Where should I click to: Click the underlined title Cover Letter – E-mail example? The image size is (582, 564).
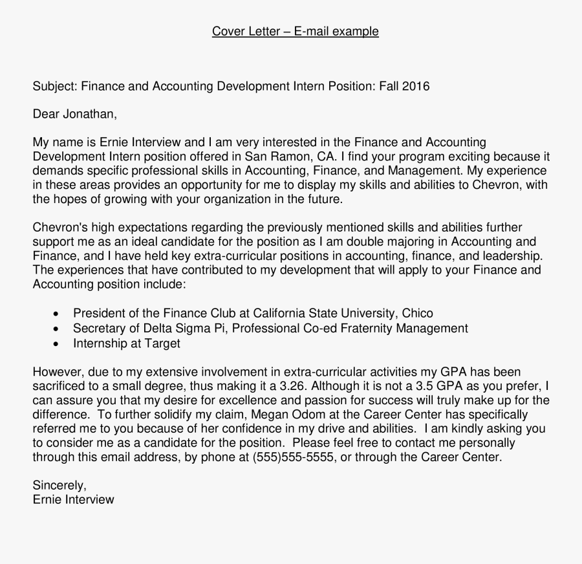295,31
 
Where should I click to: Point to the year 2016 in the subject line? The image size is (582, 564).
415,86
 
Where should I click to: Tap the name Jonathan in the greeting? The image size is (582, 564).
89,114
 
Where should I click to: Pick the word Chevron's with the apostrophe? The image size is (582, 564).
59,228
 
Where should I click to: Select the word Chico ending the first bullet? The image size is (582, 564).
418,313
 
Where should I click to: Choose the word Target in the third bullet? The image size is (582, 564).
162,343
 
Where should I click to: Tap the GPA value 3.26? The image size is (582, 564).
289,386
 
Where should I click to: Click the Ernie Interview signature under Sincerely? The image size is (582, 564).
73,499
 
